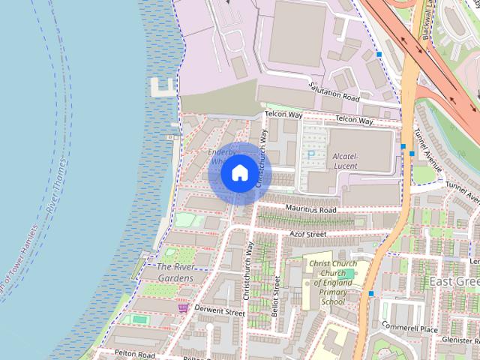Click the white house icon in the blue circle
pyautogui.click(x=239, y=172)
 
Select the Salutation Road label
pyautogui.click(x=334, y=92)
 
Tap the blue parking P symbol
pyautogui.click(x=311, y=154)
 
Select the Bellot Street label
pyautogui.click(x=277, y=294)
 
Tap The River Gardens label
pyautogui.click(x=175, y=273)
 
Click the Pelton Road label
pyautogui.click(x=135, y=353)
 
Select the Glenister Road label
pyautogui.click(x=459, y=340)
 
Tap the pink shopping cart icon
pyautogui.click(x=183, y=307)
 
